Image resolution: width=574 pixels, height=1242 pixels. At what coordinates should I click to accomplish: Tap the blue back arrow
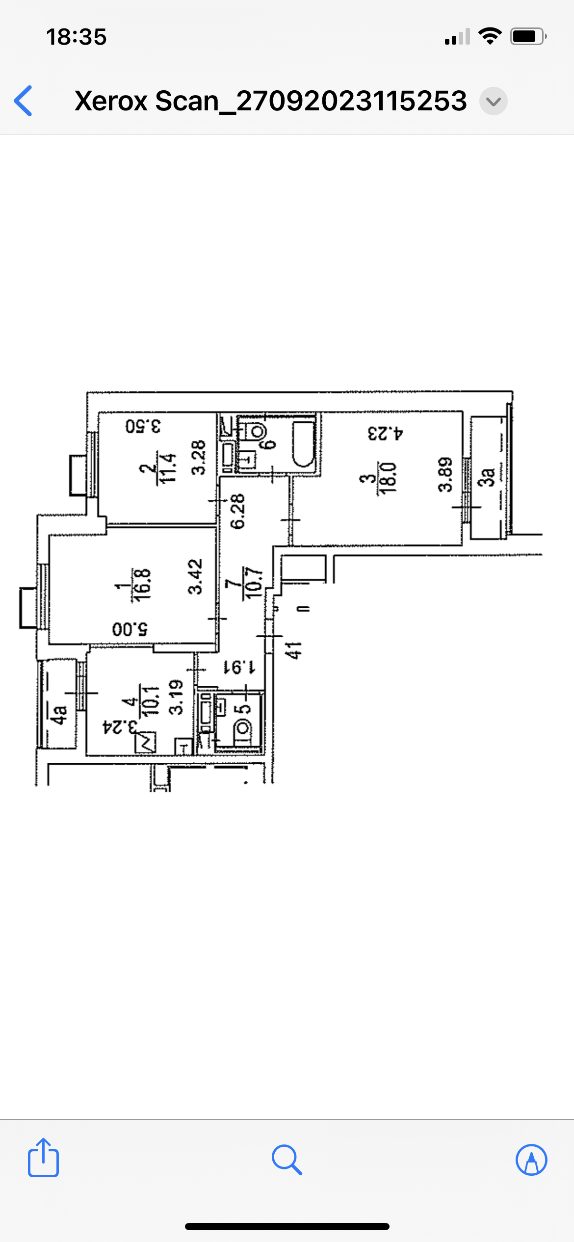tap(23, 101)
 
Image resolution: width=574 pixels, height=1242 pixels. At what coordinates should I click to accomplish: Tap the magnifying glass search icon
tap(287, 1160)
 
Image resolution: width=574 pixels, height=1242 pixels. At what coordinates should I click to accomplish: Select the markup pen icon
tap(531, 1160)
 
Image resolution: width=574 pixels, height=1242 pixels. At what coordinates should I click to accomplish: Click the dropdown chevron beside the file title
tap(493, 101)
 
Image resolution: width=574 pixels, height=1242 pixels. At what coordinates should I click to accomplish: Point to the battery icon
tap(528, 37)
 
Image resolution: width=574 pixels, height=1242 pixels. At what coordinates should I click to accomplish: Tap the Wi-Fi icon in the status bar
tap(490, 36)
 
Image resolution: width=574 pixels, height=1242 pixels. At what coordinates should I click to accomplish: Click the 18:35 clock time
tap(77, 37)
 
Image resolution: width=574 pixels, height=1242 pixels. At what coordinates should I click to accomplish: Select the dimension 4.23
tap(386, 433)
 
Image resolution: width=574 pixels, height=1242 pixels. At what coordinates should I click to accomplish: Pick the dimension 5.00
tap(130, 628)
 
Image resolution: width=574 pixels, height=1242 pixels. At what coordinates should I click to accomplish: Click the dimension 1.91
tap(239, 667)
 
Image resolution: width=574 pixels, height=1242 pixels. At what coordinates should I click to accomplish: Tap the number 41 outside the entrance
tap(293, 650)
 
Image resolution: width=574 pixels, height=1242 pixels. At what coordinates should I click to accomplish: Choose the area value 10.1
tap(151, 700)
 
